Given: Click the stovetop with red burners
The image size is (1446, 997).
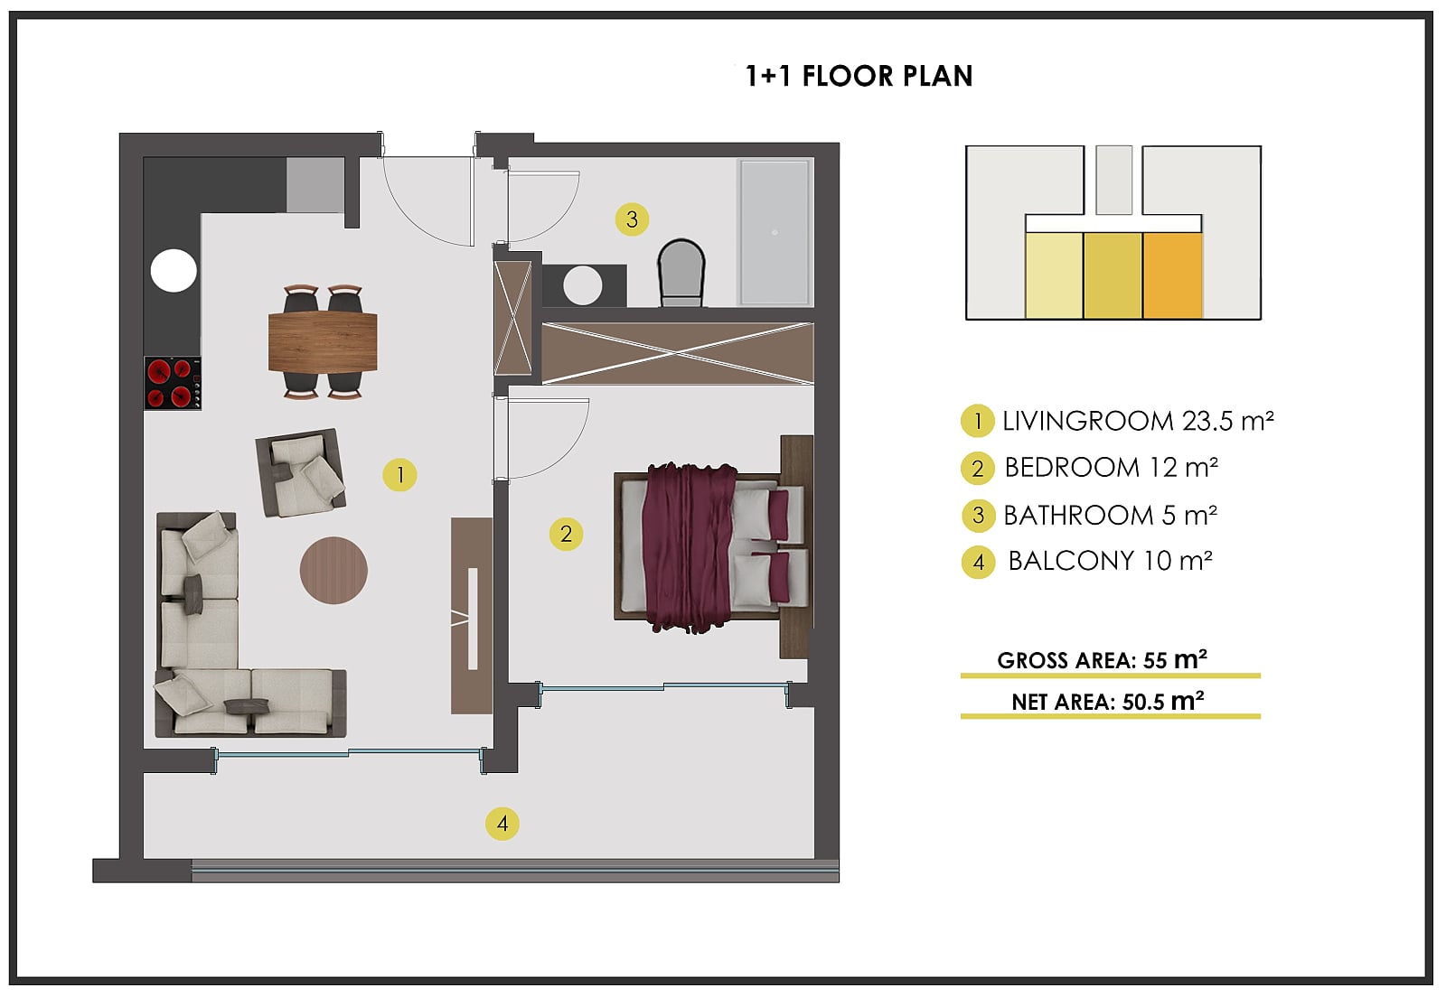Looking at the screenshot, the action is tap(173, 383).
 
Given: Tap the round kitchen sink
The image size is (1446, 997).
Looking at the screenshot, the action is tap(174, 271).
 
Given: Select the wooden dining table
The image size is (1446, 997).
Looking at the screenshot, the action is tap(323, 341).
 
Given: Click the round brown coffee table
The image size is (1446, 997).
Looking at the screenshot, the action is tap(333, 570).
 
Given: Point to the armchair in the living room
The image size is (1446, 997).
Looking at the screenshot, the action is tap(301, 472).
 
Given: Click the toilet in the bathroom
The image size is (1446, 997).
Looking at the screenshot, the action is tap(681, 273).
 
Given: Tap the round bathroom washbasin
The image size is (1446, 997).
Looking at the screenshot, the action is tap(582, 285).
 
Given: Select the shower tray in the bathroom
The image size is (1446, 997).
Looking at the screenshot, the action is tap(775, 232).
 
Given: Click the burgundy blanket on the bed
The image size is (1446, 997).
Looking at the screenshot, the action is tap(690, 547).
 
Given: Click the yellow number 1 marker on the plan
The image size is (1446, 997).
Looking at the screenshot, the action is tap(399, 475).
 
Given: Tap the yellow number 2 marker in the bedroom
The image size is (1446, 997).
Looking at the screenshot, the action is tap(566, 534).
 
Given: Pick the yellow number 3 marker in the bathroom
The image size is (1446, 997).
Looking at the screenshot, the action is tap(632, 219).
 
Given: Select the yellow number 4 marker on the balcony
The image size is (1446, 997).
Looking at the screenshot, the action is tap(502, 824).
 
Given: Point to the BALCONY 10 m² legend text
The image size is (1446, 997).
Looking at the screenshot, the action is tap(1111, 561).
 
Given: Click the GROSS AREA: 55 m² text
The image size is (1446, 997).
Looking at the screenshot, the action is tap(1102, 660).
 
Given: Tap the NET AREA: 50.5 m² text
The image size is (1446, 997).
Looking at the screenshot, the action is tap(1108, 701).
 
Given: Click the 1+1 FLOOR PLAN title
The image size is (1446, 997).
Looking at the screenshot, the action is tap(859, 76).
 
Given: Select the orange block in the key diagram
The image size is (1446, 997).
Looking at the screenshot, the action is tap(1172, 275).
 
